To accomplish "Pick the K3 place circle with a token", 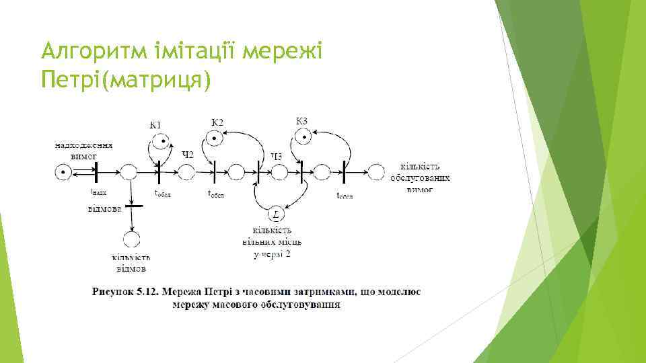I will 303,137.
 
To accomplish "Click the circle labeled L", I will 275,214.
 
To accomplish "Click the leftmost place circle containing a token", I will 63,173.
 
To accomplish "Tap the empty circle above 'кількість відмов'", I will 131,239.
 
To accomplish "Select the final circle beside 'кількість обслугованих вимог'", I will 375,173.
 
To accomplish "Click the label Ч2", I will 188,155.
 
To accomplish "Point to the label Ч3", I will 277,156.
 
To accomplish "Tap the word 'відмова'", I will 104,209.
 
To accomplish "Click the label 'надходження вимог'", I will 83,149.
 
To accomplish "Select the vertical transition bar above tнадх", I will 96,173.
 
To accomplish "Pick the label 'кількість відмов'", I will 131,263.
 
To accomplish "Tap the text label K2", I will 217,122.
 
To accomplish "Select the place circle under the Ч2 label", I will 187,173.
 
